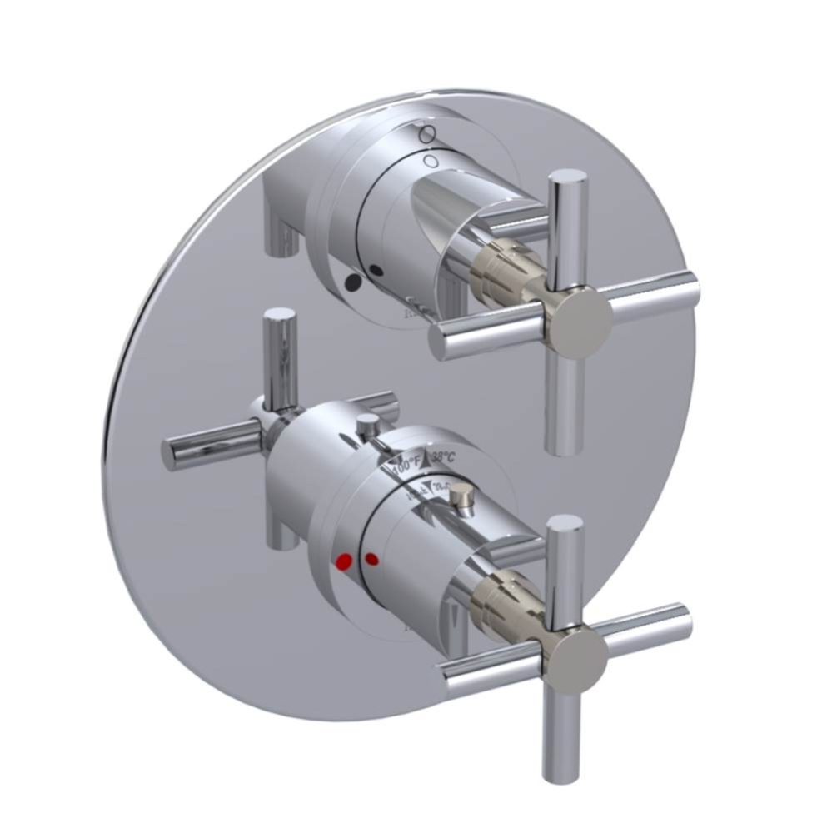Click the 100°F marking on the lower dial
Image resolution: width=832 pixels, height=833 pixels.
point(406,460)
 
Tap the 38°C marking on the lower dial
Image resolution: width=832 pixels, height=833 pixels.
point(441,457)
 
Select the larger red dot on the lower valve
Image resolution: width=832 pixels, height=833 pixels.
point(341,564)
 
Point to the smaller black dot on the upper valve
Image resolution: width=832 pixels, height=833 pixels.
point(377,270)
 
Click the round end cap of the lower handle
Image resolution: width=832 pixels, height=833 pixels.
point(578,661)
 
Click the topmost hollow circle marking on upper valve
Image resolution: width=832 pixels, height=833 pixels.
point(426,132)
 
